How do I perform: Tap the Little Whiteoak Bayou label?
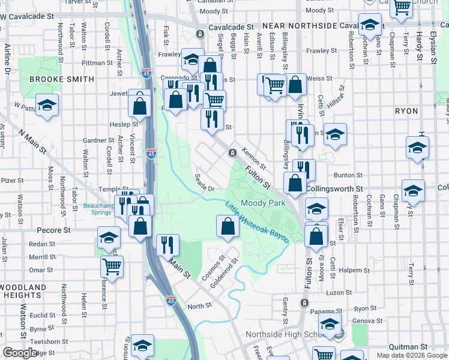point(257,221)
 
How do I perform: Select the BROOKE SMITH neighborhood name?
point(61,79)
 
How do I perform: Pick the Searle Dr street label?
point(205,182)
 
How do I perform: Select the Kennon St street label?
point(253,158)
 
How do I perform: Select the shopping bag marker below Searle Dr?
point(228,227)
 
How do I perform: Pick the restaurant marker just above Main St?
point(167,244)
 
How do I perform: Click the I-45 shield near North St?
point(171,298)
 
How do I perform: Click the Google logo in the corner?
point(19,353)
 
